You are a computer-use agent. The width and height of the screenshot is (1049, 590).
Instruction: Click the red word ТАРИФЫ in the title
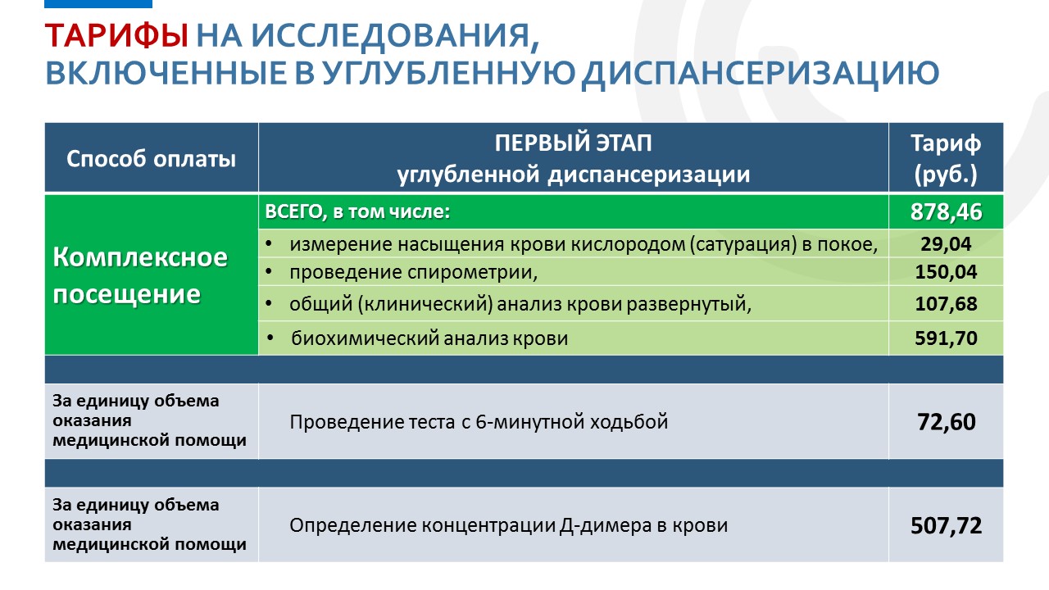[116, 36]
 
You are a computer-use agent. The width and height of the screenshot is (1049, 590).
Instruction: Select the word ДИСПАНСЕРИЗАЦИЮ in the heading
[760, 74]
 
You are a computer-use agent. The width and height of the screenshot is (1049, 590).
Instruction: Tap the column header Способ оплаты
[151, 159]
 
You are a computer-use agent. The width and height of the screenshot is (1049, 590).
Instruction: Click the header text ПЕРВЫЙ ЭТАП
[573, 143]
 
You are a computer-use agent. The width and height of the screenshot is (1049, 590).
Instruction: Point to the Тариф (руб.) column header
[946, 158]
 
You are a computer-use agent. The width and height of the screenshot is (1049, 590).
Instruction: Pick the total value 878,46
[946, 211]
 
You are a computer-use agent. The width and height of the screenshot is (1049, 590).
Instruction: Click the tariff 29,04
[946, 244]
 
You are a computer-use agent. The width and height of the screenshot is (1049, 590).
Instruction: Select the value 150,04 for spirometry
[946, 271]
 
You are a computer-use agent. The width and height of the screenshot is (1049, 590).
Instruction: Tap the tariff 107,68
[946, 304]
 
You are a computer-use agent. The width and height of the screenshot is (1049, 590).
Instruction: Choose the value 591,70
[946, 338]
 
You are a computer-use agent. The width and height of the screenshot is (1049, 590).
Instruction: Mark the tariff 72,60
[946, 422]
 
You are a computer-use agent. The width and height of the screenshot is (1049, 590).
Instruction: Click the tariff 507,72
[946, 525]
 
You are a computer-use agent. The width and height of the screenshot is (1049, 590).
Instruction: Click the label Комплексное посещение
[140, 275]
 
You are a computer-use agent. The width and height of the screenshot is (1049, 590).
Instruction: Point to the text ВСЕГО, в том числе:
[357, 211]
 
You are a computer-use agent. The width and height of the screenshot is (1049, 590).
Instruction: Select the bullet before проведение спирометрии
[269, 271]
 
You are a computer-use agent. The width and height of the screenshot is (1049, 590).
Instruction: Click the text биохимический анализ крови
[429, 338]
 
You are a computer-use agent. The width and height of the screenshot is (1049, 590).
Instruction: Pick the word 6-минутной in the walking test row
[529, 422]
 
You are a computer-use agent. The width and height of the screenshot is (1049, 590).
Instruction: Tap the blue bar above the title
[98, 4]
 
